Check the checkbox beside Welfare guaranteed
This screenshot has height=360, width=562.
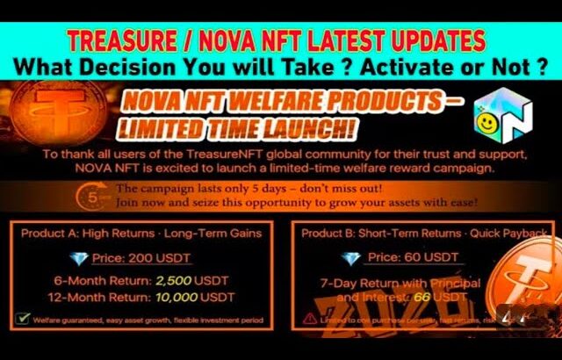21,320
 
